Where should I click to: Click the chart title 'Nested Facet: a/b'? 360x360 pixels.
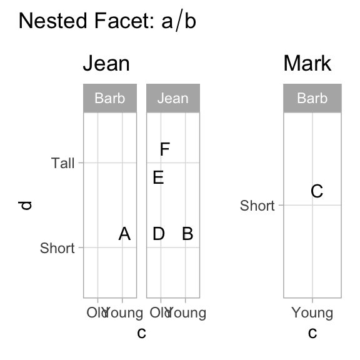click(x=107, y=22)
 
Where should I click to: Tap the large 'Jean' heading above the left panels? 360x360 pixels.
click(x=106, y=64)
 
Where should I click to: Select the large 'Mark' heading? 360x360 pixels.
click(x=307, y=64)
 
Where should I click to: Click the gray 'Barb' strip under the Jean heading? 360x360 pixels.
click(x=110, y=98)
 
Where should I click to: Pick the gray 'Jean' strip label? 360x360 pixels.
click(x=172, y=98)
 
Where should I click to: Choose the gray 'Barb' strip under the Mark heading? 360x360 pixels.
click(x=312, y=98)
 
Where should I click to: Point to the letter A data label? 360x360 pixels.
click(x=124, y=234)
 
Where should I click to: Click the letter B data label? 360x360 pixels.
click(x=187, y=234)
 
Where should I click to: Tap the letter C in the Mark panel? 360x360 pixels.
click(x=317, y=191)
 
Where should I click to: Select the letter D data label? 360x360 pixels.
click(x=159, y=234)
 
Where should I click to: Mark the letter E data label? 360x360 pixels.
click(x=159, y=178)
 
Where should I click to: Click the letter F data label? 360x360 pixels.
click(x=165, y=149)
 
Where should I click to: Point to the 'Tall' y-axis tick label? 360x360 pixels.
click(x=63, y=163)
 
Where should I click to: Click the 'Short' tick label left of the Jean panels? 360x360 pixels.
click(x=57, y=248)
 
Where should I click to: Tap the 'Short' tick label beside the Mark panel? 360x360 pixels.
click(x=257, y=206)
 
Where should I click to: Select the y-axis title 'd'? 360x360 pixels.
click(x=26, y=205)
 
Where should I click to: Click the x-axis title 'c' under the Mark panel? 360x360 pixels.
click(x=312, y=332)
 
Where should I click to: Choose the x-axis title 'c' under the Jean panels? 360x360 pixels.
click(x=141, y=332)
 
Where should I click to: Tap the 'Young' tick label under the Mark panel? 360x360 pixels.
click(x=312, y=313)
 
